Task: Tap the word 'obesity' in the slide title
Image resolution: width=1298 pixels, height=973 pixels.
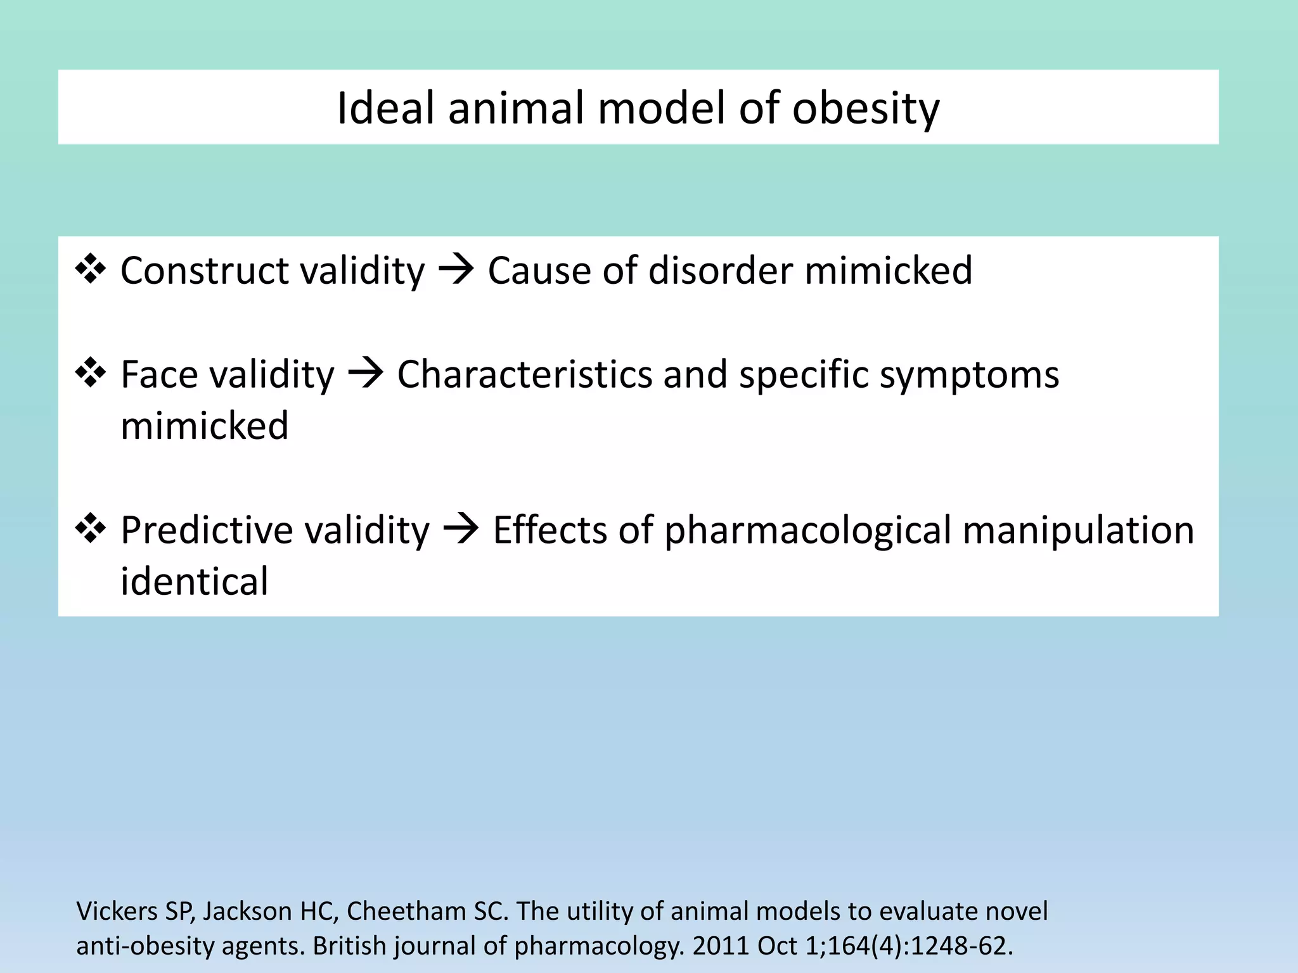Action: click(x=866, y=109)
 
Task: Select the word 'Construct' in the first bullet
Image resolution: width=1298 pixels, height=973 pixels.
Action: click(x=204, y=270)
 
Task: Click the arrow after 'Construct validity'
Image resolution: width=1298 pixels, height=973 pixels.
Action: click(x=456, y=270)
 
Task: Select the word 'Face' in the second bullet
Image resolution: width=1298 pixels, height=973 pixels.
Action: click(x=159, y=374)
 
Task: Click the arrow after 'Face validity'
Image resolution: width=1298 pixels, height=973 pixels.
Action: click(x=366, y=374)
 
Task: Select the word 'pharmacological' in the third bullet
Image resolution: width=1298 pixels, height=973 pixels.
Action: click(x=807, y=531)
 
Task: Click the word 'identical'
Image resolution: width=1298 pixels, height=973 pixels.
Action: click(x=195, y=582)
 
